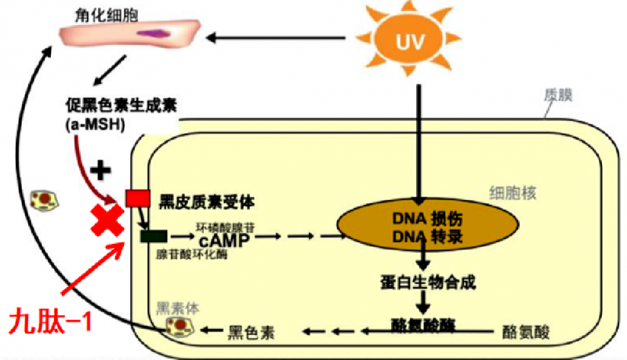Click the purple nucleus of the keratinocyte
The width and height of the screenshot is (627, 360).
click(x=153, y=34)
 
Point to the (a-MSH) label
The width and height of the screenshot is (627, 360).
click(x=93, y=123)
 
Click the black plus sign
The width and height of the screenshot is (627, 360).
click(x=101, y=170)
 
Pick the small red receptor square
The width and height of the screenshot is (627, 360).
click(x=136, y=200)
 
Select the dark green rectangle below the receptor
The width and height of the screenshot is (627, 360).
click(x=153, y=235)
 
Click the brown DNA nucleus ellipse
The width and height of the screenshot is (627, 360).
click(x=428, y=225)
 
